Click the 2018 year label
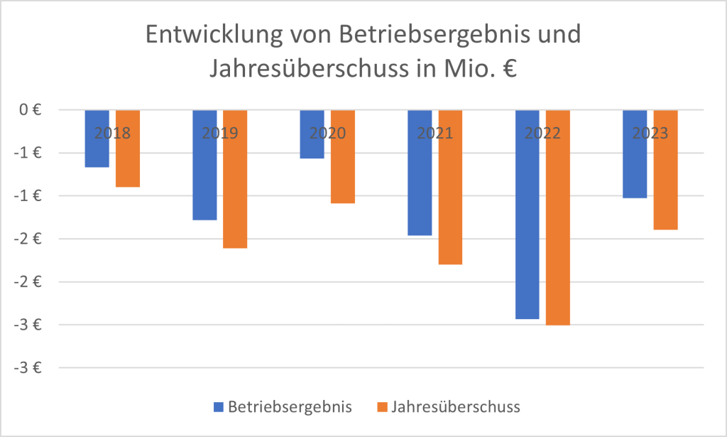(113, 133)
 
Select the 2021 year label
(435, 133)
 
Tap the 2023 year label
(650, 133)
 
